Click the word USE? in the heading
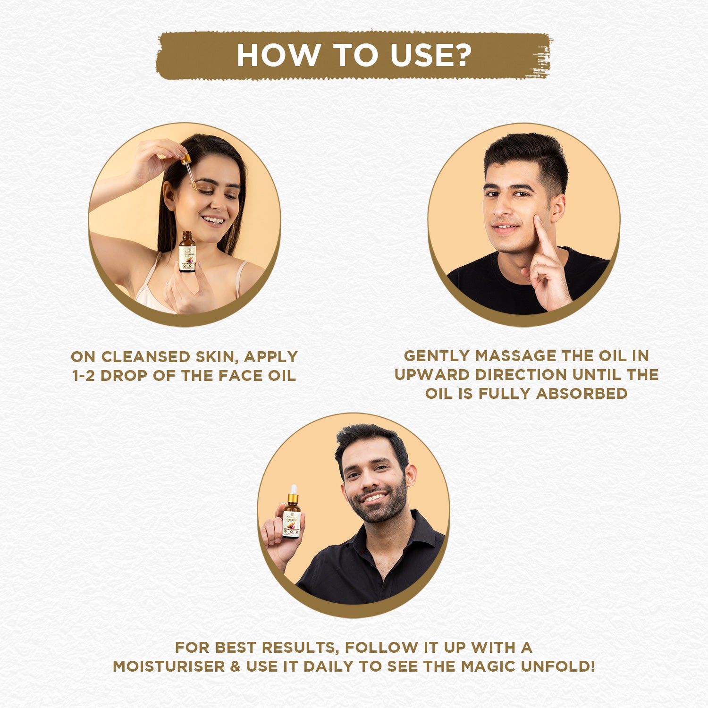point(430,56)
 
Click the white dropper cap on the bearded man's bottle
point(293,489)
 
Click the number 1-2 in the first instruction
point(84,376)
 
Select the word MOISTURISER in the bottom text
point(169,666)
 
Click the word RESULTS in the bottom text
point(299,647)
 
